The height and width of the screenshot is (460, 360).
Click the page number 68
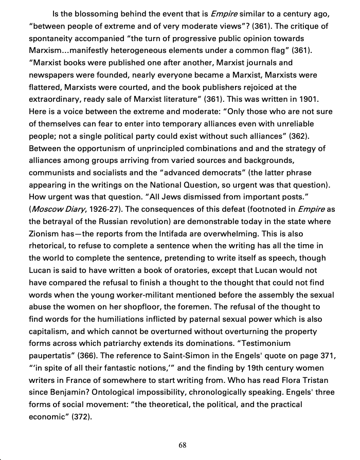pos(182,445)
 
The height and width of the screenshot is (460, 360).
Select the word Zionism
pos(46,234)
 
